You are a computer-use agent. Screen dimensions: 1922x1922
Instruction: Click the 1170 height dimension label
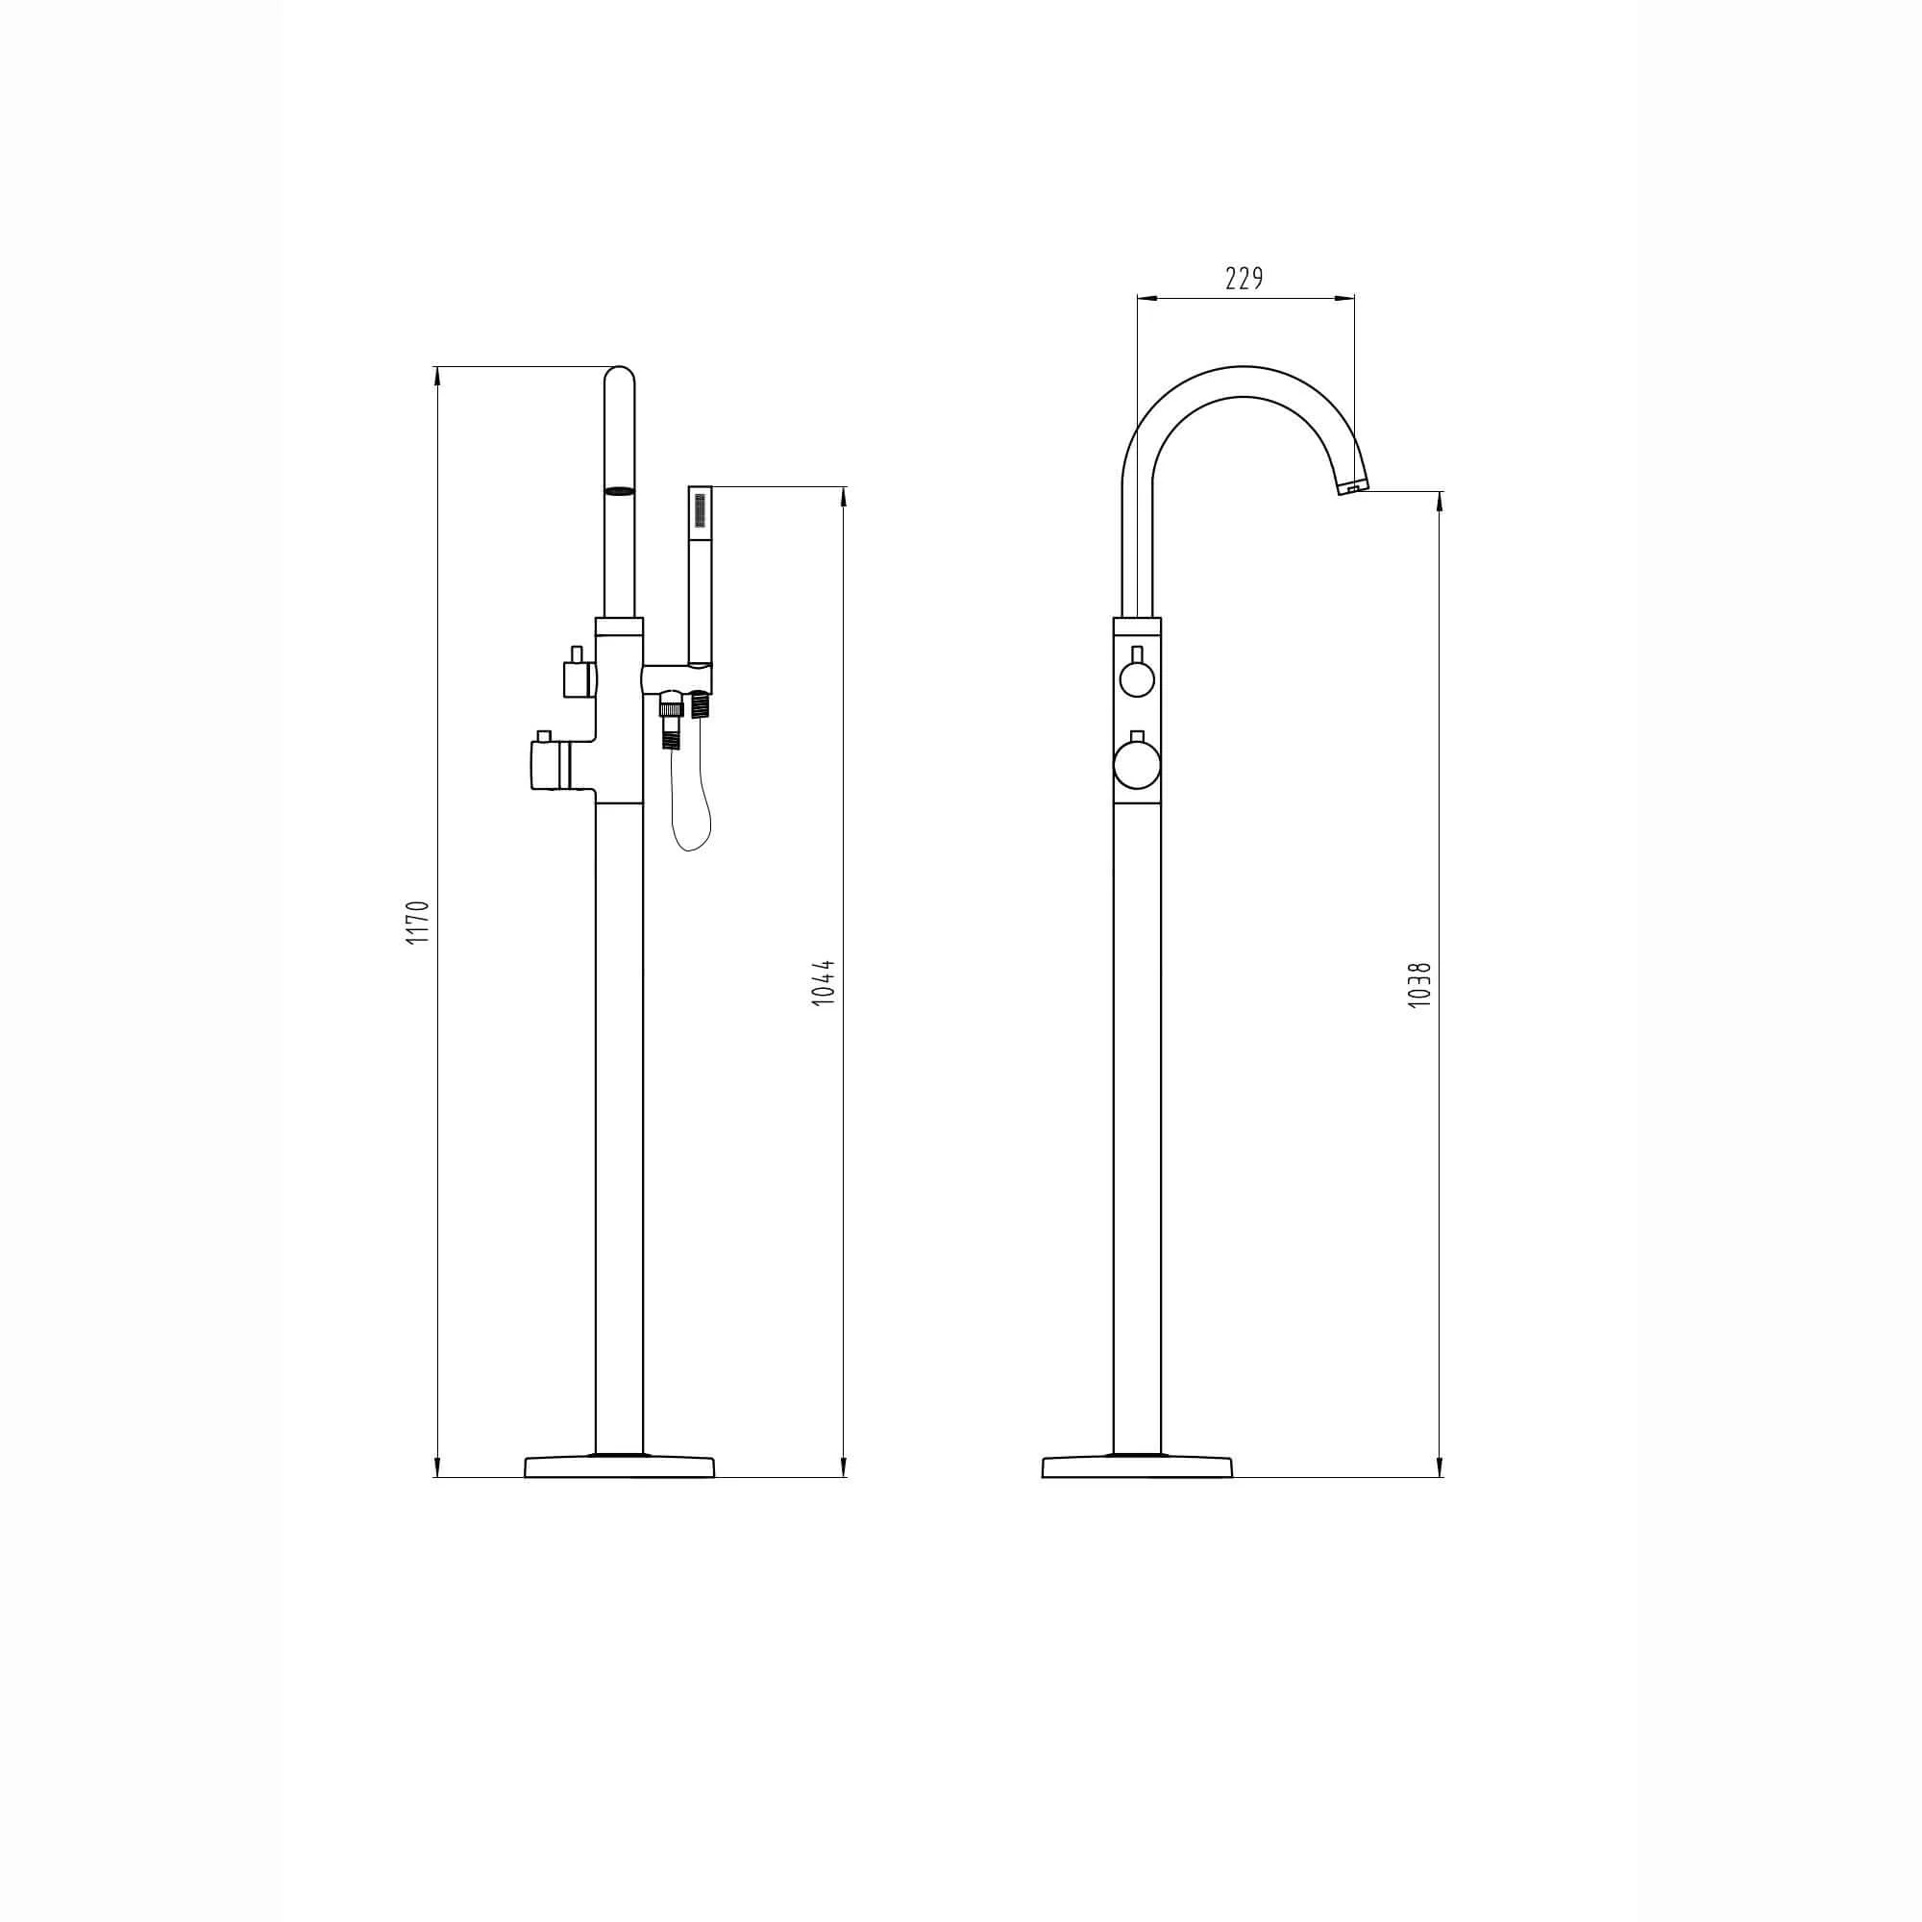(x=419, y=923)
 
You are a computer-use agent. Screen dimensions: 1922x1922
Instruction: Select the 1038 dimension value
(x=1420, y=986)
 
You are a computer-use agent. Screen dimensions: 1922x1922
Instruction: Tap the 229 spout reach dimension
(x=1244, y=279)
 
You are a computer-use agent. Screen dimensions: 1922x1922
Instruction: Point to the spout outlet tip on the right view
(x=1353, y=487)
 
